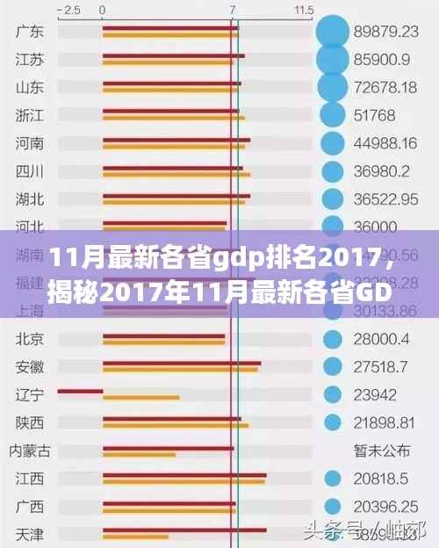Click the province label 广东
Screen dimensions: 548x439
coord(30,32)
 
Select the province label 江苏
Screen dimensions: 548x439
coord(30,60)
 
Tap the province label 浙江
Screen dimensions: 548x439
coord(30,115)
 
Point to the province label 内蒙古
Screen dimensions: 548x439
coord(30,451)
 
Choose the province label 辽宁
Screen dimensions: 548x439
coord(30,394)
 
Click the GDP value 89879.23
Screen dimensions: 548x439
coord(385,32)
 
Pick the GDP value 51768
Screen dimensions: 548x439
coord(374,115)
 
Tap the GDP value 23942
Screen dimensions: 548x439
coord(375,394)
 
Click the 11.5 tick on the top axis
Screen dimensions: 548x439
coord(304,10)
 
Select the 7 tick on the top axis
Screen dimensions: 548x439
coord(232,10)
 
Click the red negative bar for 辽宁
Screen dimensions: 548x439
coord(80,391)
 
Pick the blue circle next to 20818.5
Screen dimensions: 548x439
coord(332,479)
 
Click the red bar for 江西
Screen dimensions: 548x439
coord(184,475)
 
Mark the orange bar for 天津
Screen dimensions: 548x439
coord(135,537)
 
